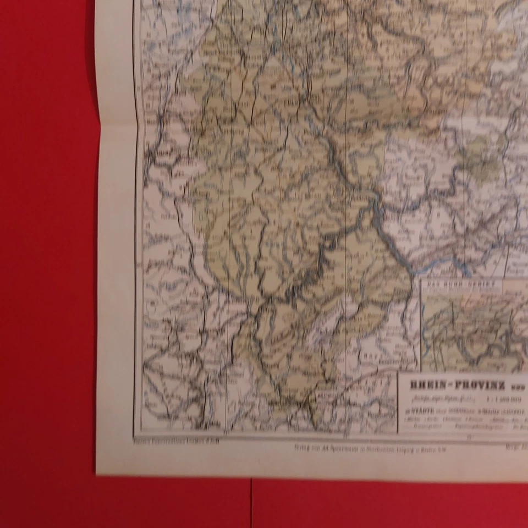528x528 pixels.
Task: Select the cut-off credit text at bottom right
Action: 514,447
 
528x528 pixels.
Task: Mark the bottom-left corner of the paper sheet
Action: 97,473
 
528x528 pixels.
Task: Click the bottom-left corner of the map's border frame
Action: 135,435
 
